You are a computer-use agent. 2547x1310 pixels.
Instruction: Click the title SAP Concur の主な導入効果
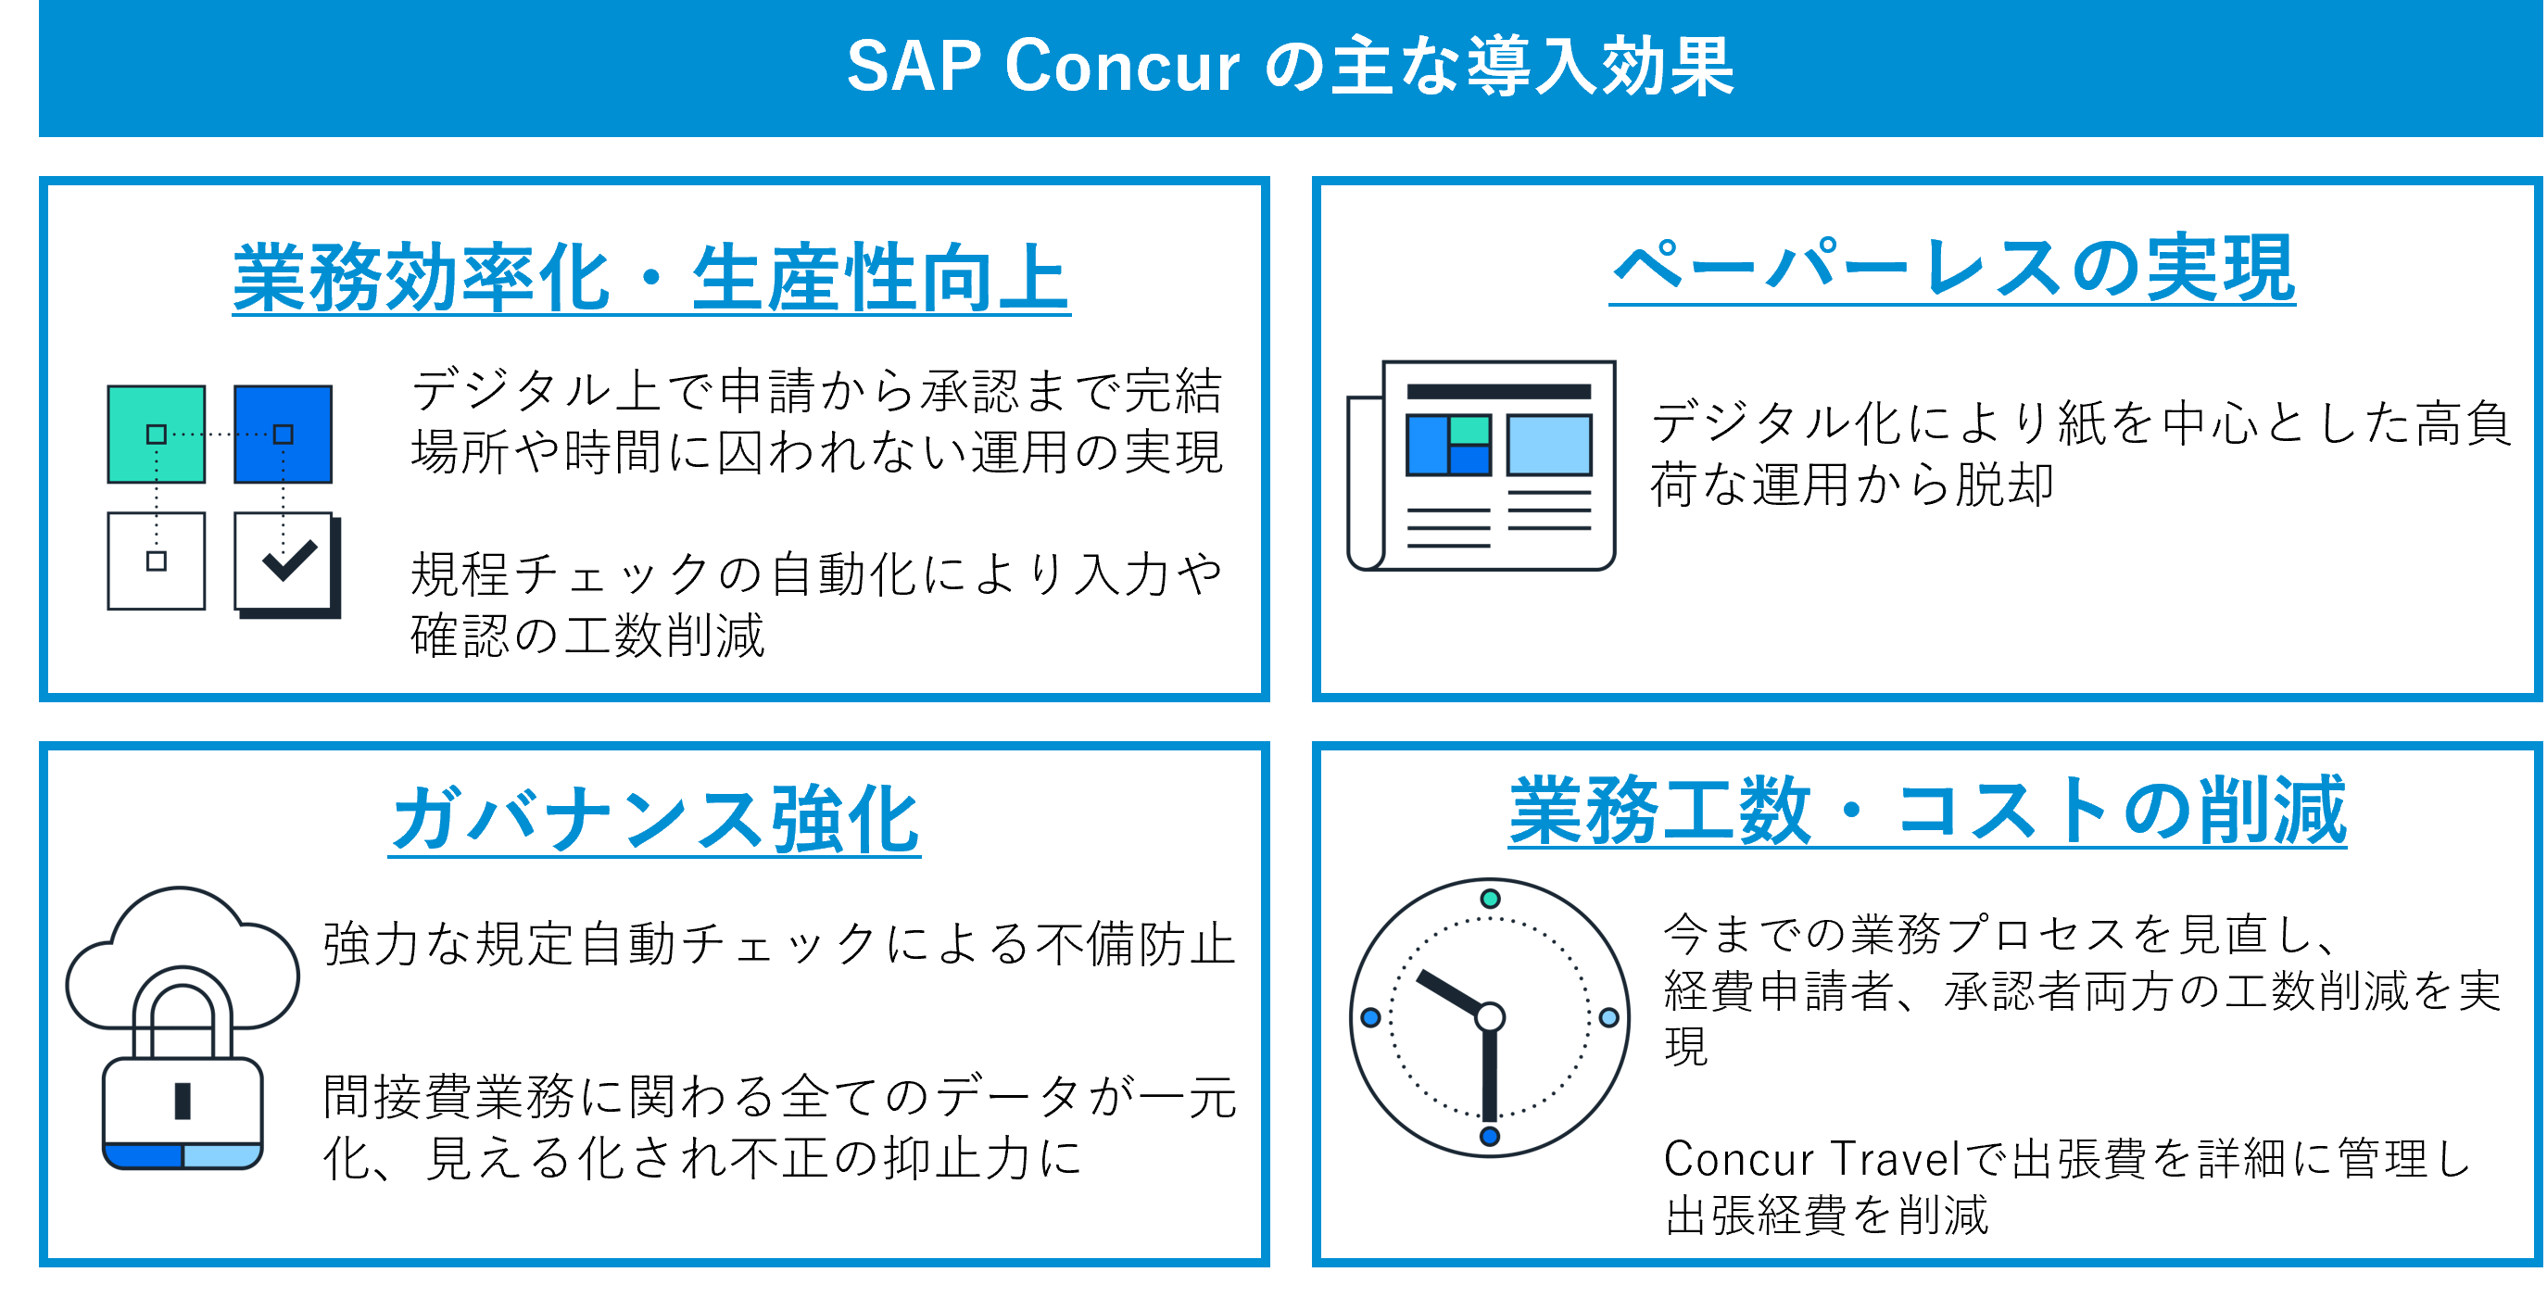1290,68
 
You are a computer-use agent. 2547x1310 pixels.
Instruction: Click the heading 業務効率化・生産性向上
650,278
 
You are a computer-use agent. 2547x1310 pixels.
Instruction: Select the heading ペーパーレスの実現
1952,269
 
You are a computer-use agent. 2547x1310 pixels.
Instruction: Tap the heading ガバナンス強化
654,819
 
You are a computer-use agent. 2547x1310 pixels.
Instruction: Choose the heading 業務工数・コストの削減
1927,811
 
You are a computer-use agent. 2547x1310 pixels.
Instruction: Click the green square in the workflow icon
157,434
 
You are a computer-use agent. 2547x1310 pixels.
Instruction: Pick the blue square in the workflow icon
284,434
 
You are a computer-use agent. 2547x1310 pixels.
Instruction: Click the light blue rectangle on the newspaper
1548,445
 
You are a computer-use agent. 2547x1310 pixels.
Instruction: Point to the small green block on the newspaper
1469,430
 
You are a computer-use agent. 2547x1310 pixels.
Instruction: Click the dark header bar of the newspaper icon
1498,393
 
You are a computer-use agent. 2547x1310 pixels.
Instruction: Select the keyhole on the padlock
183,1101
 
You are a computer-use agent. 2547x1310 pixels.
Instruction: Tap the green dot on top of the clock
1490,899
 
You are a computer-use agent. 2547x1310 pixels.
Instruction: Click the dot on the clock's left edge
1370,1017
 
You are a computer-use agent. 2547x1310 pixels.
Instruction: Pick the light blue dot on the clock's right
1608,1017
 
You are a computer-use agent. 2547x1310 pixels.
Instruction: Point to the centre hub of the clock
1490,1016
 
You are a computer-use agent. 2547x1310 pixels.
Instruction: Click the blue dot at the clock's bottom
1490,1136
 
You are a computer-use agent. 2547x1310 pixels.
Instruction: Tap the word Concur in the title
1121,68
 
